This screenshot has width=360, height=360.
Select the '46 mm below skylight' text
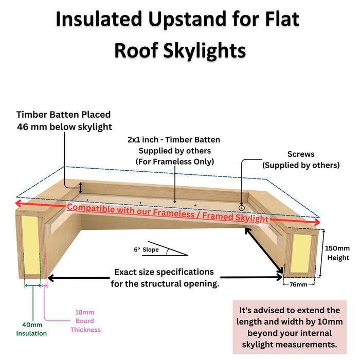tap(64, 127)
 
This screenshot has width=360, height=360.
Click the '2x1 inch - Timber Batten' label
tap(174, 139)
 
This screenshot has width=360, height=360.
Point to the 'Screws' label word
tap(301, 154)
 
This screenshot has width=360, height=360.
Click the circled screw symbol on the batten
tap(242, 207)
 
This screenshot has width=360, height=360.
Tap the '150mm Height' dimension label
tap(338, 252)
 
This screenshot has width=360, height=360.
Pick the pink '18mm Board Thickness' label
tap(85, 321)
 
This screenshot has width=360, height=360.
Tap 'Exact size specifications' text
tap(164, 272)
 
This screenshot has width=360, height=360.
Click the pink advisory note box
tap(290, 327)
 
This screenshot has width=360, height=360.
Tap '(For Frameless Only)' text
tap(174, 161)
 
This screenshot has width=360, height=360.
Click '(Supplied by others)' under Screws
tap(301, 165)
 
